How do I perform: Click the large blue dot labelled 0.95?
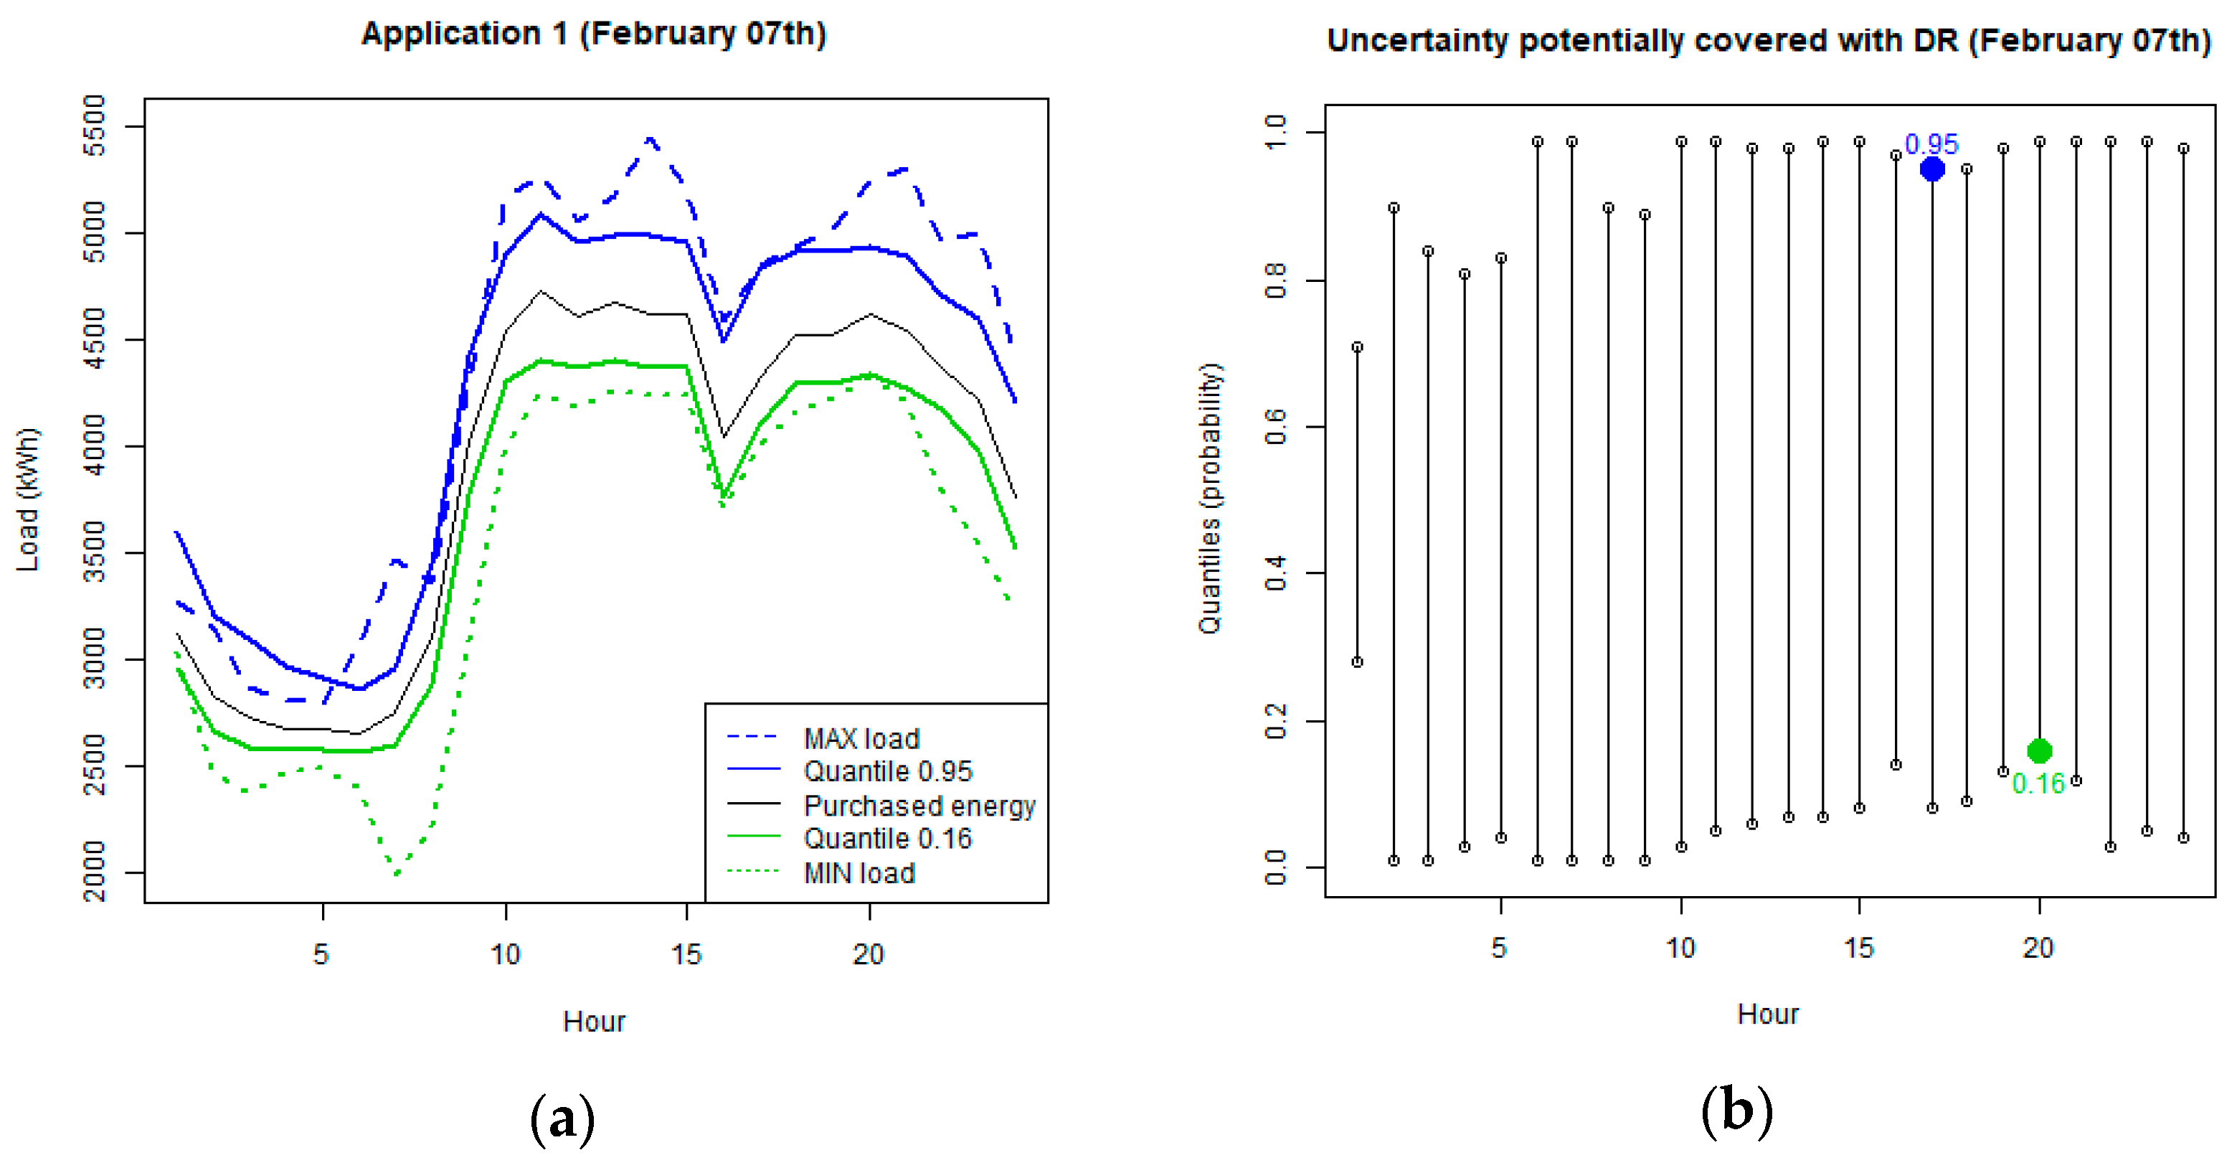[x=1931, y=169]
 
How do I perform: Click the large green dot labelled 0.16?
[x=2039, y=750]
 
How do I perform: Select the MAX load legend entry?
[x=860, y=738]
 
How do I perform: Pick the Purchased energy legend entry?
[x=919, y=805]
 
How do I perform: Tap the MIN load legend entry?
[x=858, y=872]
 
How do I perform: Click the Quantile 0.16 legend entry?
[x=886, y=838]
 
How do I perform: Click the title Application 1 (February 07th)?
[x=594, y=34]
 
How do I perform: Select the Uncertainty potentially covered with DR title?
[x=1768, y=41]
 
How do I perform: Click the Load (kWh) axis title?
[x=28, y=499]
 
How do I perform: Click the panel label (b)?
[x=1736, y=1111]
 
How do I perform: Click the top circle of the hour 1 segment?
[x=1357, y=347]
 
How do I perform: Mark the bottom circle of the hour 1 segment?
[x=1357, y=661]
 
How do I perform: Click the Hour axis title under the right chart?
[x=1767, y=1014]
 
